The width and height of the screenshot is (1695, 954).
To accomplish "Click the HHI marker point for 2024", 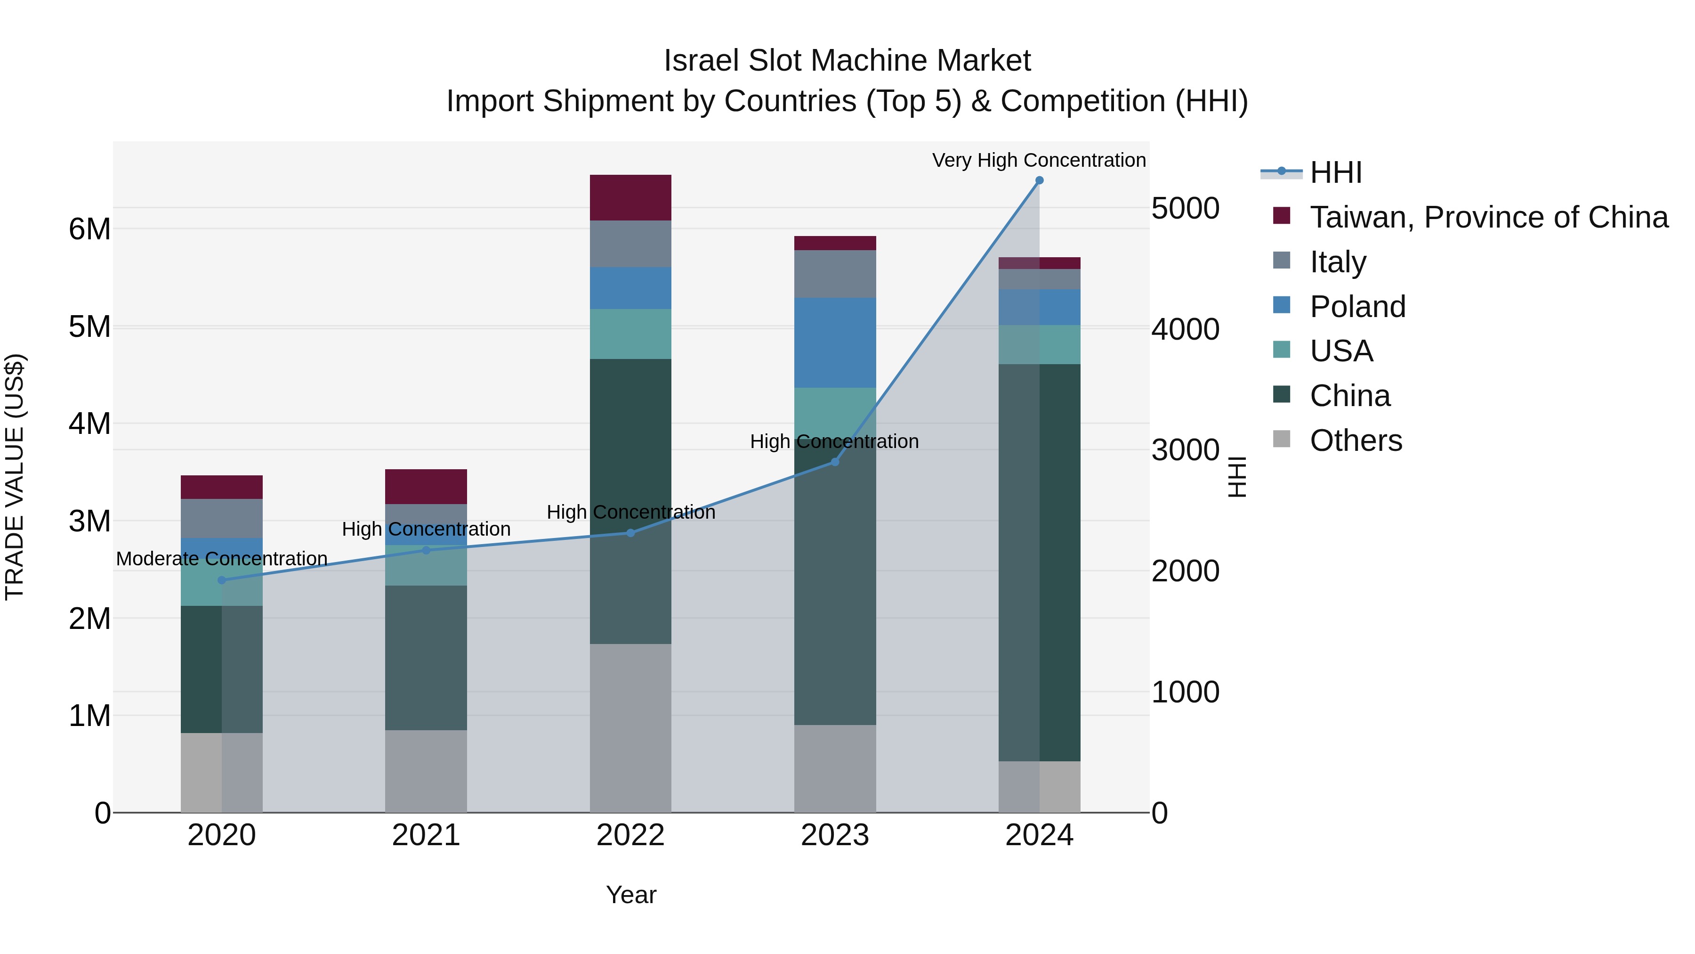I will click(1039, 180).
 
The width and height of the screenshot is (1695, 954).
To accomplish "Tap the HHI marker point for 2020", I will click(222, 580).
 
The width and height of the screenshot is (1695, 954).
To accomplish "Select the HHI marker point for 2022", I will click(630, 533).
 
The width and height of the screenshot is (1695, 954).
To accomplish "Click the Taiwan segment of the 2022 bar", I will click(630, 197).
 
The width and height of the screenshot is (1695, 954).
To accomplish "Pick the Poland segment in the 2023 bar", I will click(835, 342).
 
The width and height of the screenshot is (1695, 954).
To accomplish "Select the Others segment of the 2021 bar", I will click(426, 770).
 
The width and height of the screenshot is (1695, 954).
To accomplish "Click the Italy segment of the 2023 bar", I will click(835, 274).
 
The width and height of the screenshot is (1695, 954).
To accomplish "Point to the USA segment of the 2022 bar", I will click(630, 334).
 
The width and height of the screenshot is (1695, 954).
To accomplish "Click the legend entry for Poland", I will click(1357, 307).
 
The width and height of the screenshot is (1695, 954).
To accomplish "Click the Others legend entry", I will click(1356, 440).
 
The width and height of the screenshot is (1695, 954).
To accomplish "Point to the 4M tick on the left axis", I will click(89, 424).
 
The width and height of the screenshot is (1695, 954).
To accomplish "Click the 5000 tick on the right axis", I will click(1185, 209).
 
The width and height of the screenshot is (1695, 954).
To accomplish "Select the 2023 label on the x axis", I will click(835, 835).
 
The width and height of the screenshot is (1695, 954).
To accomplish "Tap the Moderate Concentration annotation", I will click(222, 558).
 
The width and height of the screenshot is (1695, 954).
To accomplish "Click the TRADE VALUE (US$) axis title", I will click(15, 477).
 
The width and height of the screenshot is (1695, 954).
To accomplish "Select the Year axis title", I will click(630, 895).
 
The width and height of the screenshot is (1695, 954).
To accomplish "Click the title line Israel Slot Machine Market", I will click(847, 61).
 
